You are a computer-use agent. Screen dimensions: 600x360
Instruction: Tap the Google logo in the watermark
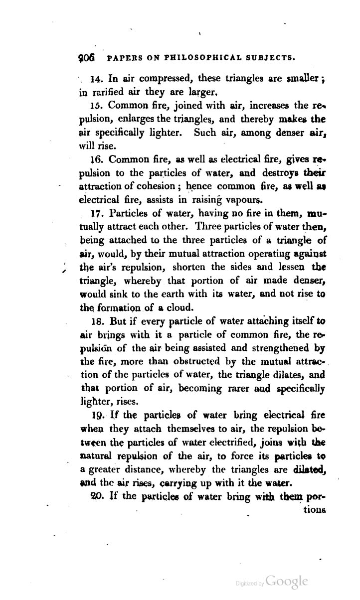click(x=287, y=582)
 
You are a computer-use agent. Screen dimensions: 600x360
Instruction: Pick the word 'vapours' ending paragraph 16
click(x=230, y=201)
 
